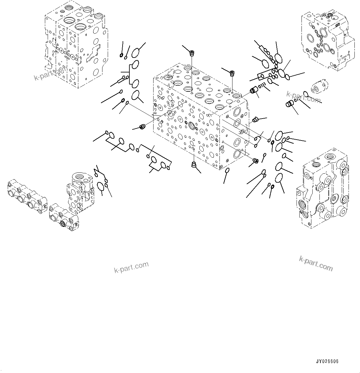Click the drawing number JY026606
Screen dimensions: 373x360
(327, 362)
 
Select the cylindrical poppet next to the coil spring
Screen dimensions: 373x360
(254, 91)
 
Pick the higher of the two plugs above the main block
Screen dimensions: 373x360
(192, 54)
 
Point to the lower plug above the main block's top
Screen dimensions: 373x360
(232, 73)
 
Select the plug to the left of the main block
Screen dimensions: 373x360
(143, 127)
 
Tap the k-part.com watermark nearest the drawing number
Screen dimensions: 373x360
(316, 263)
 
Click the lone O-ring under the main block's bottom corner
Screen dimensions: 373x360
(228, 171)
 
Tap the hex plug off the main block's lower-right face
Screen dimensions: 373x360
(256, 160)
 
